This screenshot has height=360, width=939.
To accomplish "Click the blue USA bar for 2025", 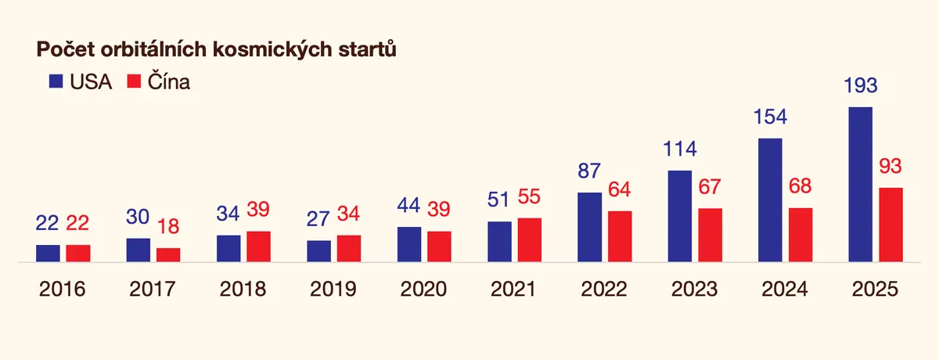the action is pyautogui.click(x=860, y=185).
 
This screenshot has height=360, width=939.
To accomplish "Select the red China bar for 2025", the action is pyautogui.click(x=890, y=225).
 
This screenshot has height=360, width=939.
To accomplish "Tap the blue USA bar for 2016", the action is pyautogui.click(x=48, y=253).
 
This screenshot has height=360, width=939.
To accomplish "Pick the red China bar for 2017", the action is pyautogui.click(x=168, y=255).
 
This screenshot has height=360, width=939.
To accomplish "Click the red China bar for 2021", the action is pyautogui.click(x=530, y=239).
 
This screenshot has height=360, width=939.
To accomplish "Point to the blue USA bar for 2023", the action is pyautogui.click(x=679, y=216).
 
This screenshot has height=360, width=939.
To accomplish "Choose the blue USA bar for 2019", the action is pyautogui.click(x=318, y=251).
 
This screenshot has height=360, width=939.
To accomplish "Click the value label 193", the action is pyautogui.click(x=860, y=85).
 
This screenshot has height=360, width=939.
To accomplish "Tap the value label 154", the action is pyautogui.click(x=770, y=117).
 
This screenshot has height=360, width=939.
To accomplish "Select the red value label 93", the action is pyautogui.click(x=890, y=166).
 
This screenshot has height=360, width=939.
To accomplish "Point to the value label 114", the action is pyautogui.click(x=679, y=149).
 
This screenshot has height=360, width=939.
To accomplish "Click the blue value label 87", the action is pyautogui.click(x=589, y=171).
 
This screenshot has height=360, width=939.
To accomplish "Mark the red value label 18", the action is pyautogui.click(x=168, y=226).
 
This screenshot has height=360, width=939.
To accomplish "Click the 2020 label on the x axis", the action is pyautogui.click(x=423, y=289).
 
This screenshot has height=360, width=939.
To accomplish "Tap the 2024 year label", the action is pyautogui.click(x=784, y=289).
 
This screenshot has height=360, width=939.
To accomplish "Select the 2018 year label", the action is pyautogui.click(x=243, y=289).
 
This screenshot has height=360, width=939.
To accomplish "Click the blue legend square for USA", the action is pyautogui.click(x=56, y=81).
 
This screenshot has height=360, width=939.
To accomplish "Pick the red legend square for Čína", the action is pyautogui.click(x=134, y=81).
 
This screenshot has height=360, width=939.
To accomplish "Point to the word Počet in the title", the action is pyautogui.click(x=66, y=49).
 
